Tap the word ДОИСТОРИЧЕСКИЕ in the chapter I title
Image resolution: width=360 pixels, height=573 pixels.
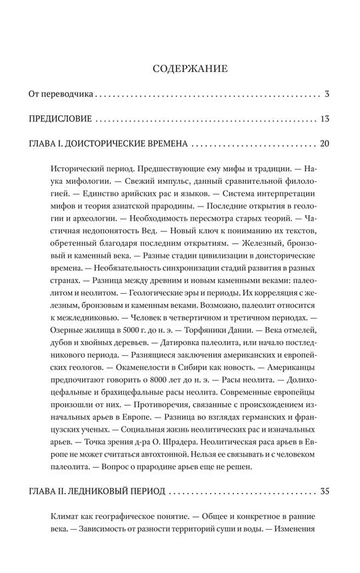tap(119, 144)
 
